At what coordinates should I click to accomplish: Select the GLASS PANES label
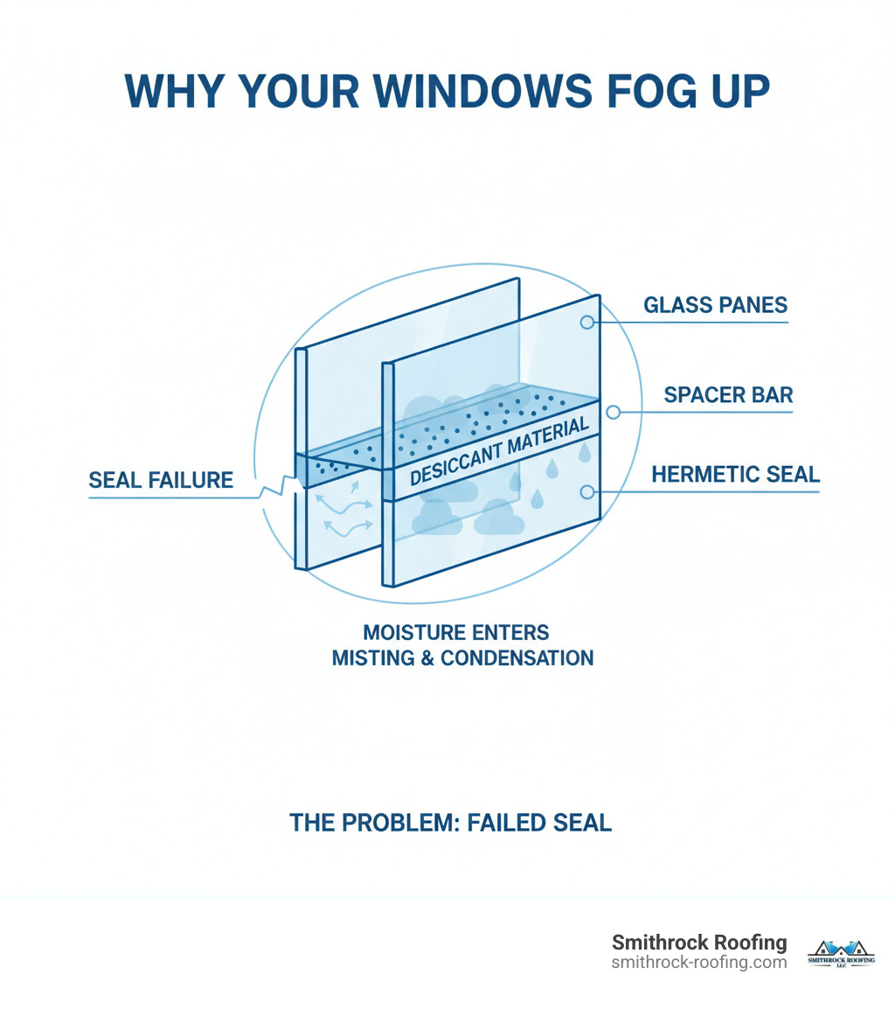coord(715,305)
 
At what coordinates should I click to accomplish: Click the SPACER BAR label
coord(728,394)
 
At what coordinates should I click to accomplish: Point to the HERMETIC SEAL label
coord(735,475)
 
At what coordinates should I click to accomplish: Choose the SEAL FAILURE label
coord(161,480)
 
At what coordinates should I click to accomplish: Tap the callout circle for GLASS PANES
coord(587,322)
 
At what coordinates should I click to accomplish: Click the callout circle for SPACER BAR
coord(613,412)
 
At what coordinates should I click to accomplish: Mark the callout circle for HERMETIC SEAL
coord(587,492)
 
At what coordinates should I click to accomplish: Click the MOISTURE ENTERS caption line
coord(456,632)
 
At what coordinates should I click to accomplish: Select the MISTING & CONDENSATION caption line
coord(462,658)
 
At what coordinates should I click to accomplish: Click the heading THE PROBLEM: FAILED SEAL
coord(450,823)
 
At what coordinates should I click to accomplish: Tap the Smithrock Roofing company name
coord(699,943)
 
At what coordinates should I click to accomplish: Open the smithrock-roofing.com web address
coord(699,963)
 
